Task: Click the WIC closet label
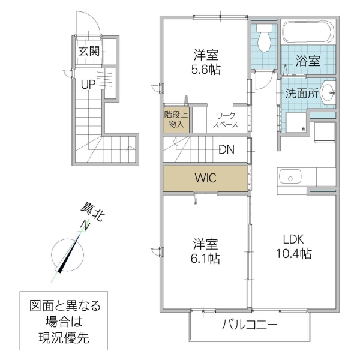[204, 178]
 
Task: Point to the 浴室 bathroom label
[308, 61]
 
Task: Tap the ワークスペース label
[226, 120]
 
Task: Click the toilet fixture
[263, 40]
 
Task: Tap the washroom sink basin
[328, 93]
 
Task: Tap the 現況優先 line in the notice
[59, 338]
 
